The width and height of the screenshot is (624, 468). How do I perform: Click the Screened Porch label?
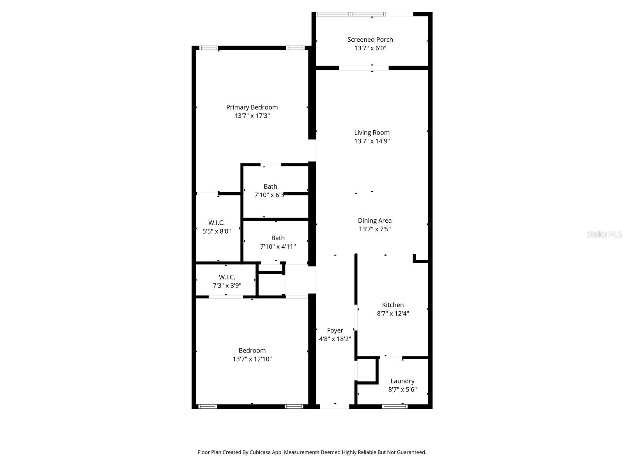tap(370, 39)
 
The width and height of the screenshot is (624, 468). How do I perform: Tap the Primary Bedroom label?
tap(252, 107)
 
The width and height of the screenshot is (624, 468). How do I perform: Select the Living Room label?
tap(372, 133)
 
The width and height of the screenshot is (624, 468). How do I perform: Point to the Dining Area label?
tap(374, 220)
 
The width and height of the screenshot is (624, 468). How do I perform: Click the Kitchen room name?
tap(393, 305)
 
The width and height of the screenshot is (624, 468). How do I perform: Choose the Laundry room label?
tap(402, 381)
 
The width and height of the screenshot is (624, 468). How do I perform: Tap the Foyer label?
tap(335, 330)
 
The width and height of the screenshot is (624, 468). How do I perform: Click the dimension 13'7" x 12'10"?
tap(252, 359)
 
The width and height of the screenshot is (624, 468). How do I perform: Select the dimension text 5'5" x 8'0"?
tap(216, 231)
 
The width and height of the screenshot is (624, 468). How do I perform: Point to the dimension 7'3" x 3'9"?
tap(227, 285)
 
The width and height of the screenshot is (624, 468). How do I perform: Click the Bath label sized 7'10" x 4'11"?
tap(278, 238)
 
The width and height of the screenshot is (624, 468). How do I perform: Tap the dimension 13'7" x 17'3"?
tap(252, 116)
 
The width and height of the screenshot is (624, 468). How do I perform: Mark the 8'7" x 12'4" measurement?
tap(393, 314)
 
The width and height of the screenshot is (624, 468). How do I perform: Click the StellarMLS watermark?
tap(604, 234)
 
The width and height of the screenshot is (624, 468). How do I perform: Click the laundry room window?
tap(395, 406)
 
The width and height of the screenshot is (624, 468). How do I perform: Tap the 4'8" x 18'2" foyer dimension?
tap(335, 339)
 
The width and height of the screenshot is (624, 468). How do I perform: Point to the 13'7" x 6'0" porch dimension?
tap(370, 48)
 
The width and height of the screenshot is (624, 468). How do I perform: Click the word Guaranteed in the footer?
tap(411, 452)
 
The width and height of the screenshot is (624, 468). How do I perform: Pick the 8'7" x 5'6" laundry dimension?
tap(402, 390)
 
